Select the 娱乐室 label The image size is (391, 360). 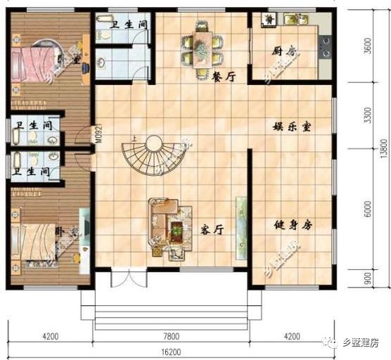point(293,127)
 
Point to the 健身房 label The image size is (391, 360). point(293,225)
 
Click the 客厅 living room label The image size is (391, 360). point(212,229)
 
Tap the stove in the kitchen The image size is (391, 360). point(326,46)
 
